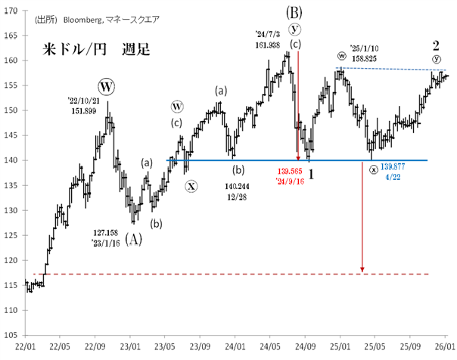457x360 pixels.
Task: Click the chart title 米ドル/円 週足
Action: (x=95, y=51)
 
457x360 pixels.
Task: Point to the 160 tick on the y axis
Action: (x=11, y=59)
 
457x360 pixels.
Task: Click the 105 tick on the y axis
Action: (x=11, y=334)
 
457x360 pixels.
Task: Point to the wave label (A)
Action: (x=133, y=241)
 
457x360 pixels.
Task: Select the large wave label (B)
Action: (x=294, y=12)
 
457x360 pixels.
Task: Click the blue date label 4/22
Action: (x=393, y=177)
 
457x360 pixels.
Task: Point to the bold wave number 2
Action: (x=436, y=45)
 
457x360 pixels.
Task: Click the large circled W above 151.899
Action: (x=106, y=87)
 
